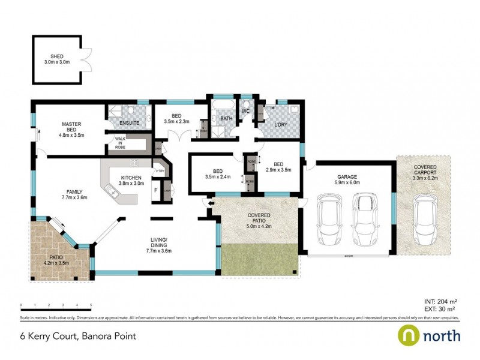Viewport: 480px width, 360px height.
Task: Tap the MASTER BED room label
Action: point(71,127)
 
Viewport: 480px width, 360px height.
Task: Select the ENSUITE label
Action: point(129,122)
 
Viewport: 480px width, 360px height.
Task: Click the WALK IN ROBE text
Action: point(120,142)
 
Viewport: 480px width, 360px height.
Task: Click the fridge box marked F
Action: point(156,191)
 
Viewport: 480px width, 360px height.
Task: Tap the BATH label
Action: point(226,119)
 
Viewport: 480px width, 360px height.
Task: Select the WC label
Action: point(246,112)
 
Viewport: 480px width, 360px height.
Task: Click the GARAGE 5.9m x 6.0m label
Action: point(347,179)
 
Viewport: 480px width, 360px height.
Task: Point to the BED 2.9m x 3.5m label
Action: point(278,167)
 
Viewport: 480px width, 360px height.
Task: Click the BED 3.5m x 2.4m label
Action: point(217,173)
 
